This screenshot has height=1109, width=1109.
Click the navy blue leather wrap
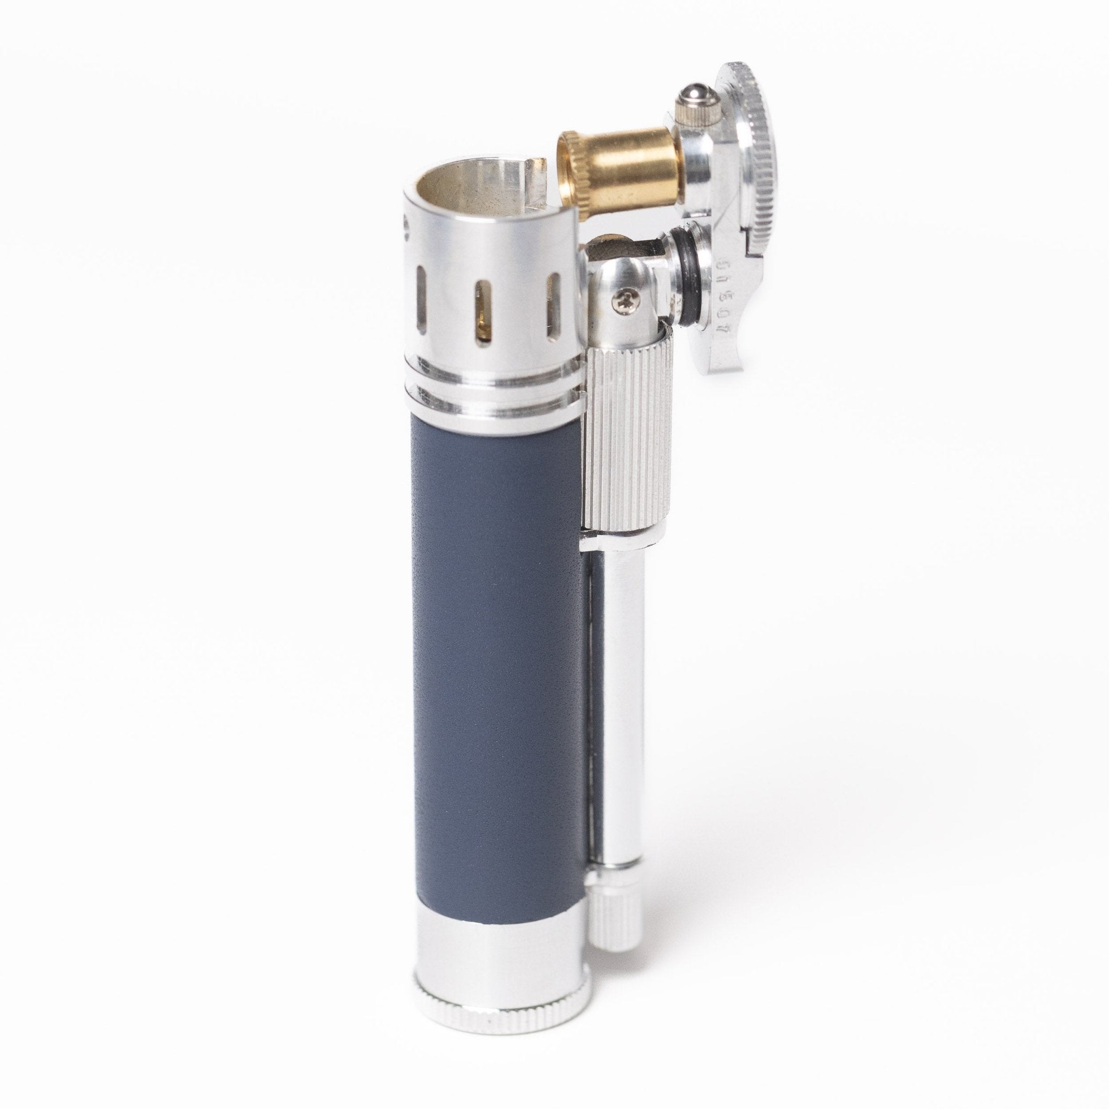coord(494,660)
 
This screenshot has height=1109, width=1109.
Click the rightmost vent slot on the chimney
coord(554,304)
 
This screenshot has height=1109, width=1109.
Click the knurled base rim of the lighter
coord(499,1027)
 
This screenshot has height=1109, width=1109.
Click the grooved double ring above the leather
coord(494,390)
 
